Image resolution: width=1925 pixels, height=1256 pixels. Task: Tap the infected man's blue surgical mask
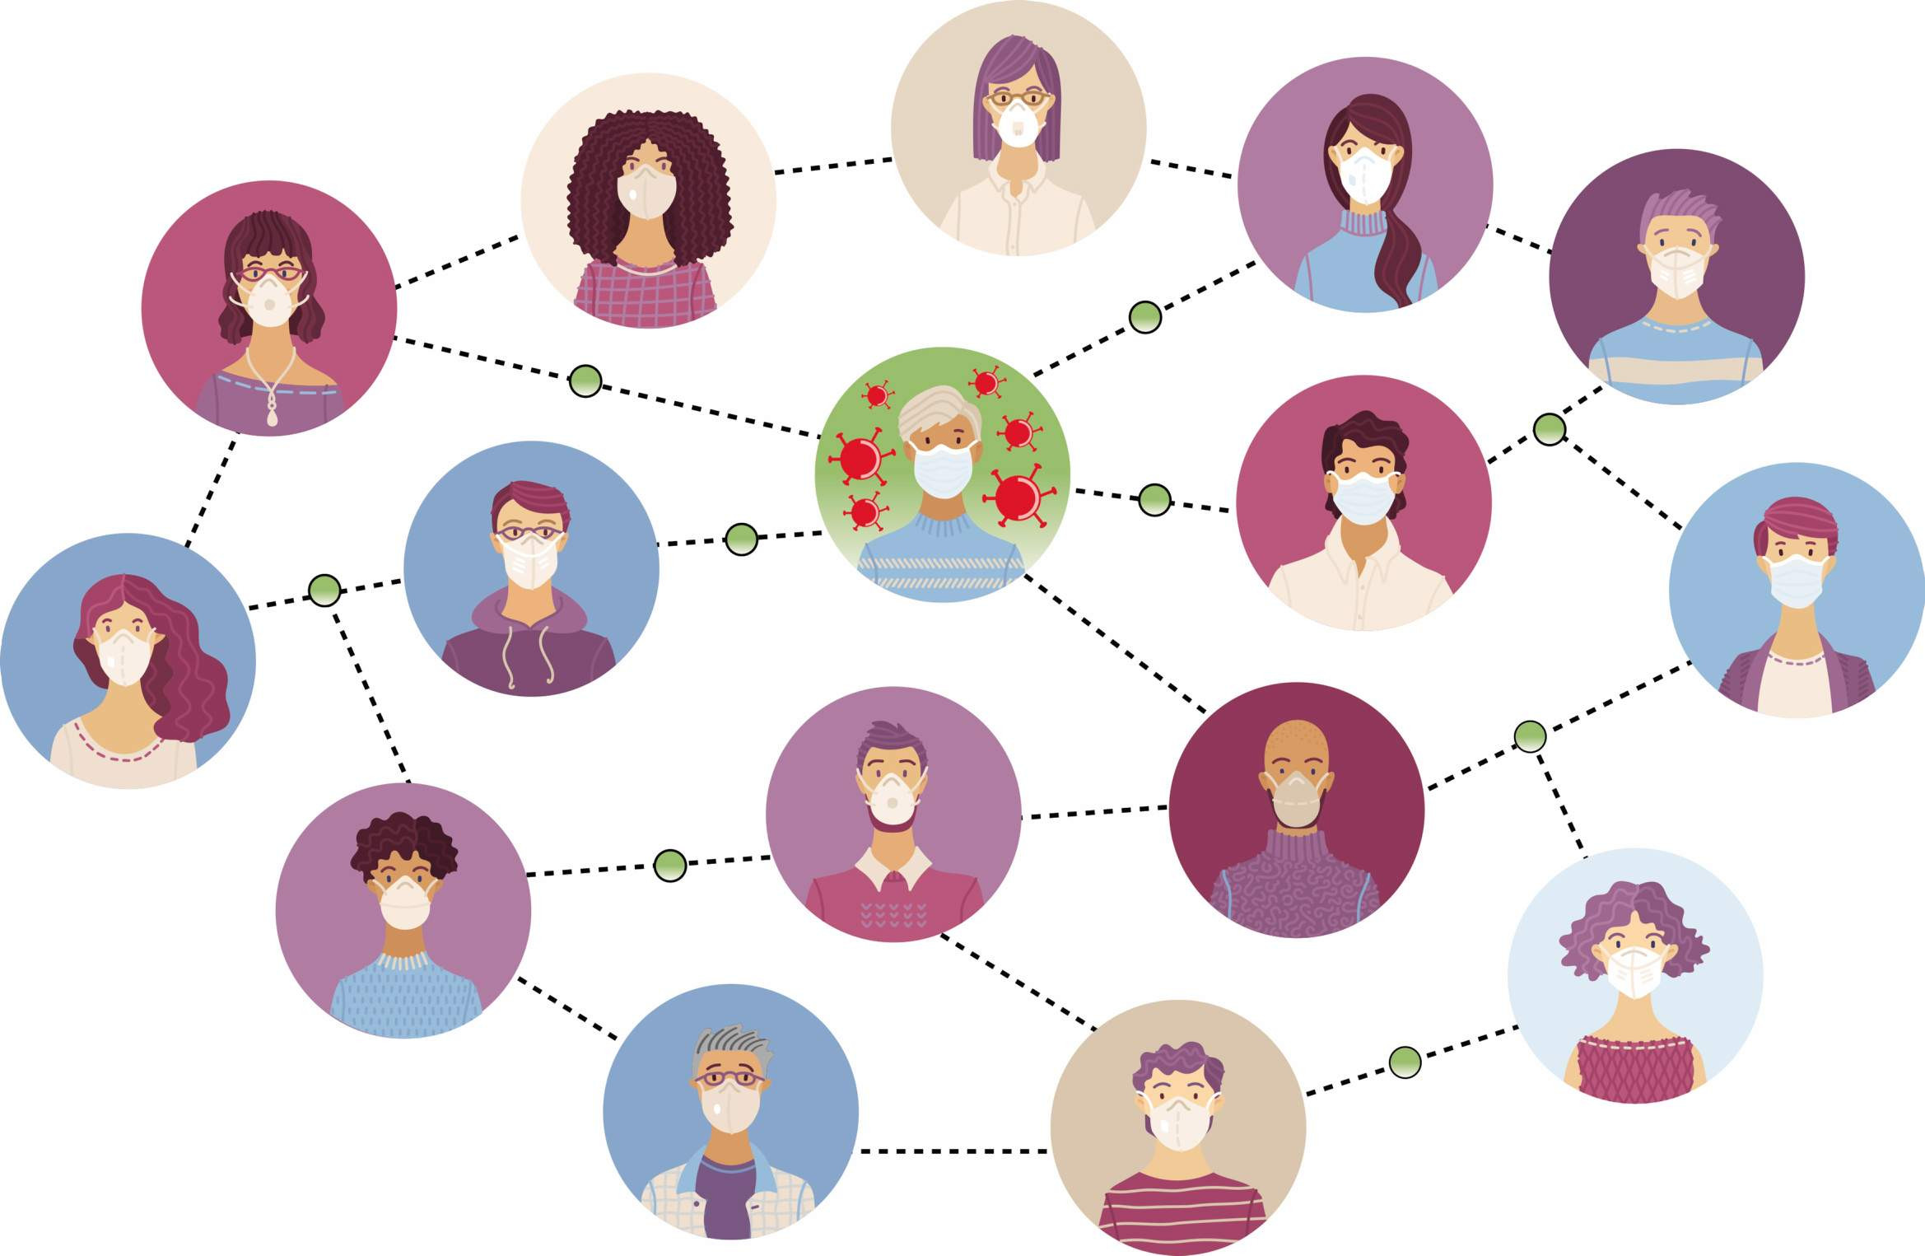[944, 470]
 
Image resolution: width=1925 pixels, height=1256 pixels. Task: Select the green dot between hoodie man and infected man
[741, 539]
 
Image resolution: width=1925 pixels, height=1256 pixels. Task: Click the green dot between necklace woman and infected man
[585, 381]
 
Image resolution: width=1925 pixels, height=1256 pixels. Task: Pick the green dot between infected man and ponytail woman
[1144, 317]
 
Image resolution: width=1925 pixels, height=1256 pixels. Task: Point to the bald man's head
[1296, 745]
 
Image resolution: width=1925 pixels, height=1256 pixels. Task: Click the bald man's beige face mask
[1296, 799]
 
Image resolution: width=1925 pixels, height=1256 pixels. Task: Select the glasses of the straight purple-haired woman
[1018, 100]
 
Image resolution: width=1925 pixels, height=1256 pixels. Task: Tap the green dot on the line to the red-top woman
[1405, 1062]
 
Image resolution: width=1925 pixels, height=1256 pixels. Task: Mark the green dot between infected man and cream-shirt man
[1154, 500]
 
